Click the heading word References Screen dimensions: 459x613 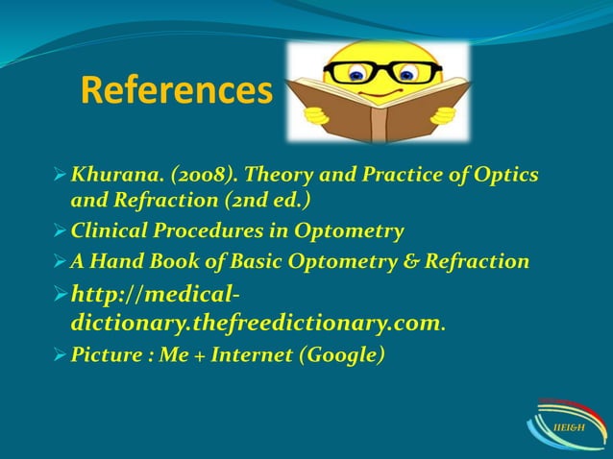pyautogui.click(x=176, y=91)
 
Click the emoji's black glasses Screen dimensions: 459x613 pyautogui.click(x=382, y=72)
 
